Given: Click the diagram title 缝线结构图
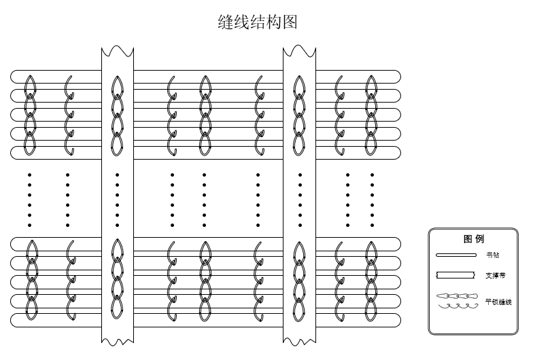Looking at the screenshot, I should tap(258, 22).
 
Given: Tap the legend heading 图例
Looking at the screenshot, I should tap(473, 239).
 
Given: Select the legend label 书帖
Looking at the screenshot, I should tap(492, 255).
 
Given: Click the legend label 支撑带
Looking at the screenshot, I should tap(495, 276).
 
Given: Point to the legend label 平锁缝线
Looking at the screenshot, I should tap(498, 301).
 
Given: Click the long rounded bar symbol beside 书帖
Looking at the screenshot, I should tap(455, 255).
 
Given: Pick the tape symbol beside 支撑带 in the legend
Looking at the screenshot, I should tap(455, 276).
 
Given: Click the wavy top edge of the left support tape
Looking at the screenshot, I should tap(118, 50).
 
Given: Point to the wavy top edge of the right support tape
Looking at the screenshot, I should tap(299, 50).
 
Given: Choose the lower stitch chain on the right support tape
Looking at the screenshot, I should tap(300, 279).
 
